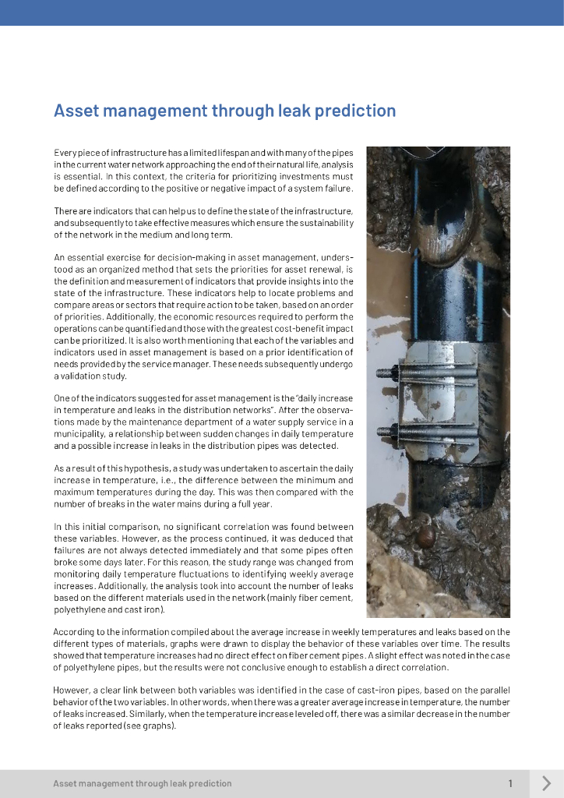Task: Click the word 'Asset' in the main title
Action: click(74, 111)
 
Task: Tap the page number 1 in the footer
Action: click(510, 783)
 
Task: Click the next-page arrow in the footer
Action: click(546, 783)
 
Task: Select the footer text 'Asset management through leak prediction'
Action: click(143, 783)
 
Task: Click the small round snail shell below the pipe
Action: click(425, 536)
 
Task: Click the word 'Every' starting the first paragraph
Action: click(65, 152)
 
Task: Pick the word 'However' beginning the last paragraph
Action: click(71, 690)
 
